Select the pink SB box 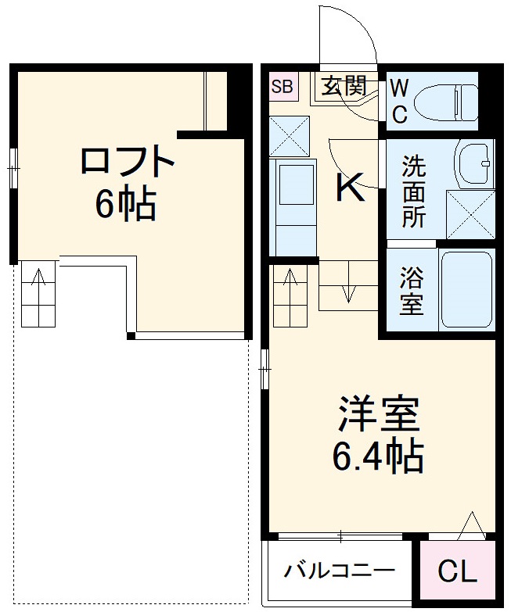tap(282, 87)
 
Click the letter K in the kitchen tap(350, 188)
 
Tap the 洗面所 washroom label tap(414, 192)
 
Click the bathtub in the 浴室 tap(466, 290)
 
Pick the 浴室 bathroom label tap(412, 292)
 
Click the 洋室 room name tap(380, 416)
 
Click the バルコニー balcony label tap(339, 569)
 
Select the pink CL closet tap(457, 572)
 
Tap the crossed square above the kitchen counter tap(290, 135)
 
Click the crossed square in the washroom tap(470, 213)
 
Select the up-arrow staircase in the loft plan tap(38, 294)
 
